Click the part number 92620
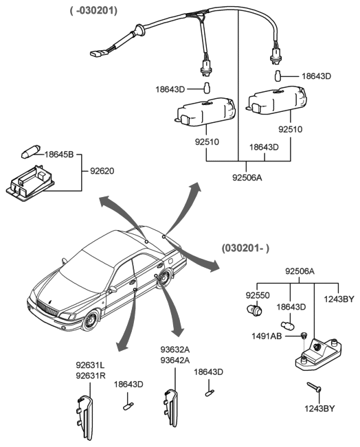102,171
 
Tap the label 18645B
59,154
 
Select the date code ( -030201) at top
94,10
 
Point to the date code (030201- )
245,248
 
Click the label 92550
258,295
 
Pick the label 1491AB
267,336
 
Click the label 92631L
90,365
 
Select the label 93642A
175,360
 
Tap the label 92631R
91,376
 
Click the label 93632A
175,349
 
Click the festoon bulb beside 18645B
31,152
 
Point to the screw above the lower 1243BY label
314,387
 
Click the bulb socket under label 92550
255,310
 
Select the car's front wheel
91,321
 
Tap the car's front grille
47,308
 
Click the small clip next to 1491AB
304,336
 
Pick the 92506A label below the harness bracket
247,177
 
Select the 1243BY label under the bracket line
339,299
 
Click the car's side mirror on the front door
113,290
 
